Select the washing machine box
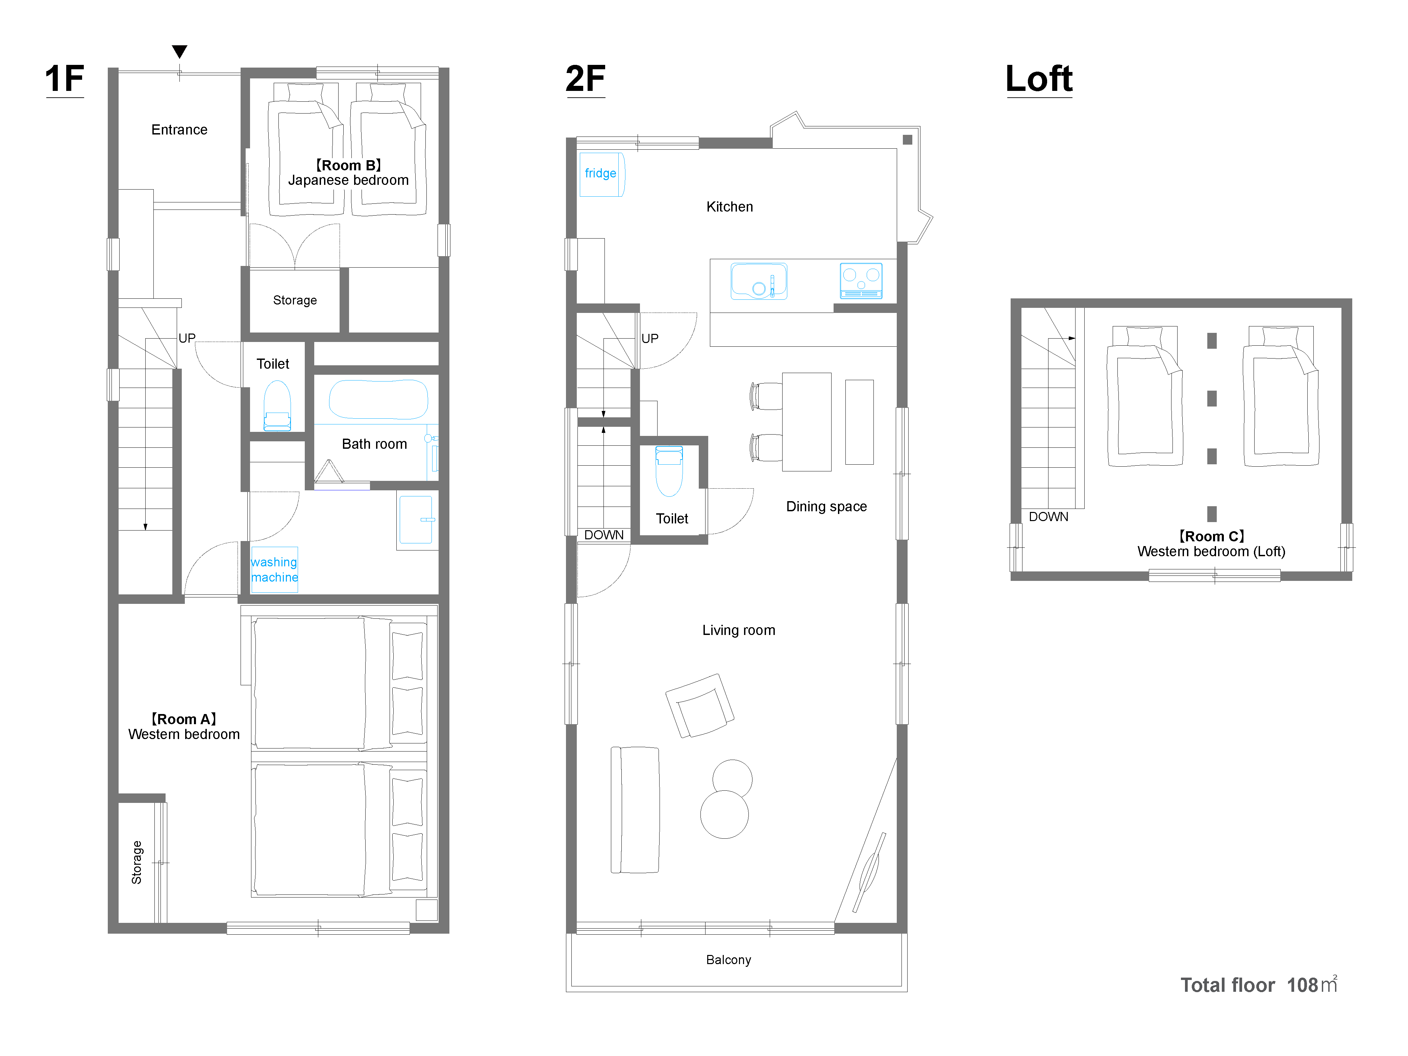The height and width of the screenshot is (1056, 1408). click(x=274, y=570)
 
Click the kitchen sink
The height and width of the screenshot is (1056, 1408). click(x=759, y=281)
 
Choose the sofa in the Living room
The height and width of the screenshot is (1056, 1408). click(x=635, y=810)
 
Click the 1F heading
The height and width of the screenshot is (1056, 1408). click(x=64, y=79)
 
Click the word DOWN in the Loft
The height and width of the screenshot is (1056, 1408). click(x=1048, y=517)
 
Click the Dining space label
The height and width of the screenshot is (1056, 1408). click(x=826, y=507)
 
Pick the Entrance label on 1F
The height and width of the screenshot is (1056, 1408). click(x=179, y=130)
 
